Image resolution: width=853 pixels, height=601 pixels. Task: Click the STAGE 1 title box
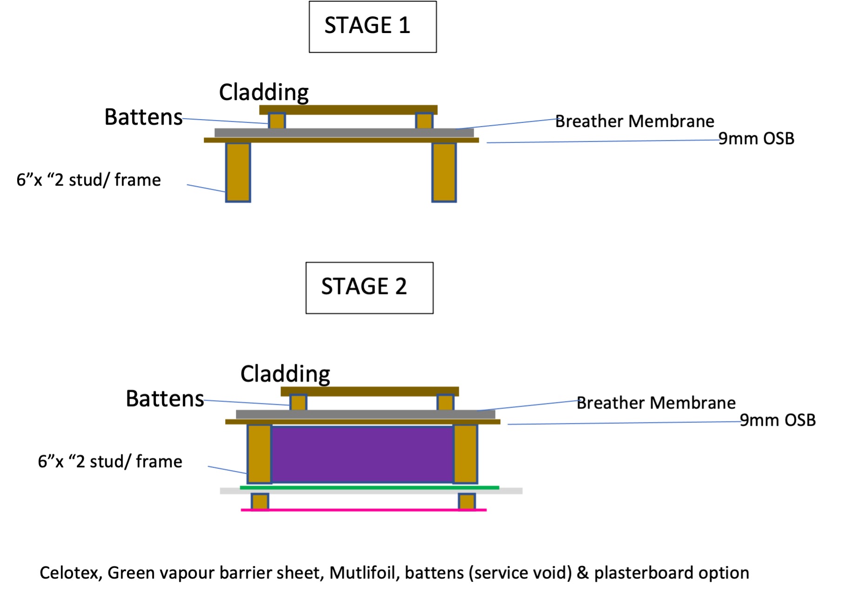click(x=372, y=27)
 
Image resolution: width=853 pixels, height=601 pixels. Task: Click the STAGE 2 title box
click(x=369, y=287)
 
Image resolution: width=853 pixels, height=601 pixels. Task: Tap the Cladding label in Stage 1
click(x=263, y=92)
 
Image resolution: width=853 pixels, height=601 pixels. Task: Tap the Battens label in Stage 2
click(x=165, y=399)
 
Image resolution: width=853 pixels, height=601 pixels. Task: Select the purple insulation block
click(x=362, y=454)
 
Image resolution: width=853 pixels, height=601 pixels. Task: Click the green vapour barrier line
click(x=369, y=487)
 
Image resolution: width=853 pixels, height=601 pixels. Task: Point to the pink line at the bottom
click(x=363, y=510)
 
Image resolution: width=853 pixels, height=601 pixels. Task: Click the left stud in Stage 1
click(x=238, y=172)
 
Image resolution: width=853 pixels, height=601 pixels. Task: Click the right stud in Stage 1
click(x=444, y=172)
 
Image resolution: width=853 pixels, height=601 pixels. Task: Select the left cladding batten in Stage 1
click(x=277, y=121)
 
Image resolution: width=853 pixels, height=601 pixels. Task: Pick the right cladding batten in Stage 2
click(x=445, y=403)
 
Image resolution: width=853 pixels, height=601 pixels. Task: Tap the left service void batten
click(x=260, y=501)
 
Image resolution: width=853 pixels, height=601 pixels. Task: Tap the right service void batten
click(x=467, y=501)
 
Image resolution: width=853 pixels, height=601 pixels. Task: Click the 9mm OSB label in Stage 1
click(x=756, y=139)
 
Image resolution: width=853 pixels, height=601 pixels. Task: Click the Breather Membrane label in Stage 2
click(x=656, y=403)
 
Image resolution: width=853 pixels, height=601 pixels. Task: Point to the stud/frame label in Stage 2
click(x=110, y=461)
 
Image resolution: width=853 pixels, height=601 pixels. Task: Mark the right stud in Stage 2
click(x=465, y=454)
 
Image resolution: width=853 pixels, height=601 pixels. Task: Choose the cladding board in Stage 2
click(x=369, y=391)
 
